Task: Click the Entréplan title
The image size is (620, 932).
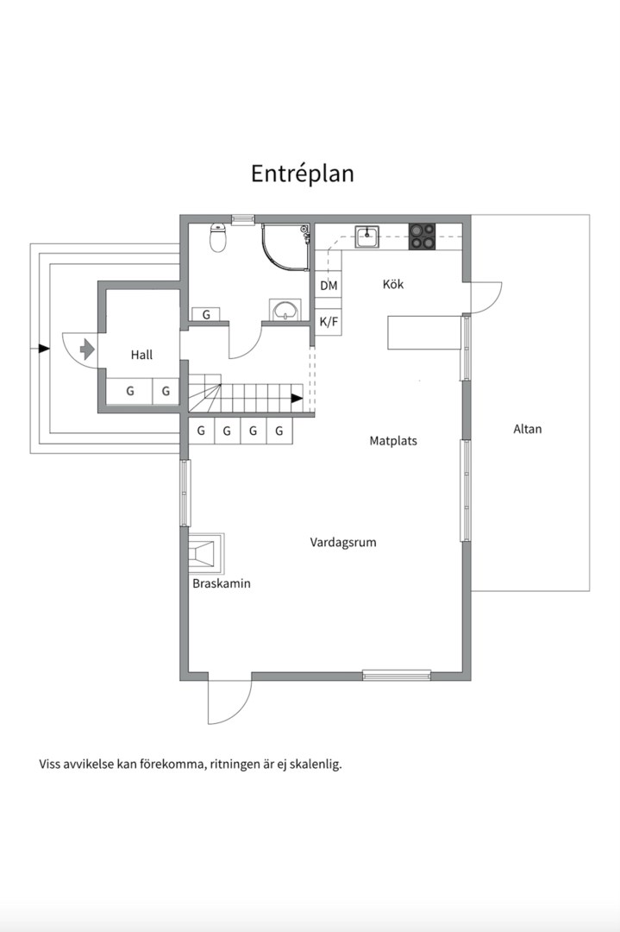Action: point(303,173)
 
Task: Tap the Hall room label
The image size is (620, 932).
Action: point(142,355)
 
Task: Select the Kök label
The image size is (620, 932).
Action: point(393,284)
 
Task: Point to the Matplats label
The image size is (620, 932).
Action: point(393,440)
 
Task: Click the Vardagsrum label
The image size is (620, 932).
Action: point(343,543)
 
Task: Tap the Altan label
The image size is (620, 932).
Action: point(528,429)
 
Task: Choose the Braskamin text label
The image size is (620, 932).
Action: point(222,583)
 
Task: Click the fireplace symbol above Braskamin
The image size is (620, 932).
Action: point(206,552)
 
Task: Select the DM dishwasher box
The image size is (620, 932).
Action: point(329,286)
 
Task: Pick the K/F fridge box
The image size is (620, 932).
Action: point(329,322)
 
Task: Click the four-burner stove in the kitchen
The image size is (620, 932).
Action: point(422,236)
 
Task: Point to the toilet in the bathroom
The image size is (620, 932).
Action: point(218,237)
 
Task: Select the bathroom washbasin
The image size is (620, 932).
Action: point(285,311)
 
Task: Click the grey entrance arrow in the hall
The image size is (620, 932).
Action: point(86,349)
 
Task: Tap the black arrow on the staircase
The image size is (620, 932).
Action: point(297,399)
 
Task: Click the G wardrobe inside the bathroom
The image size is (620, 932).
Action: point(206,315)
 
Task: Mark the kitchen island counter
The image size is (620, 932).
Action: point(423,332)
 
